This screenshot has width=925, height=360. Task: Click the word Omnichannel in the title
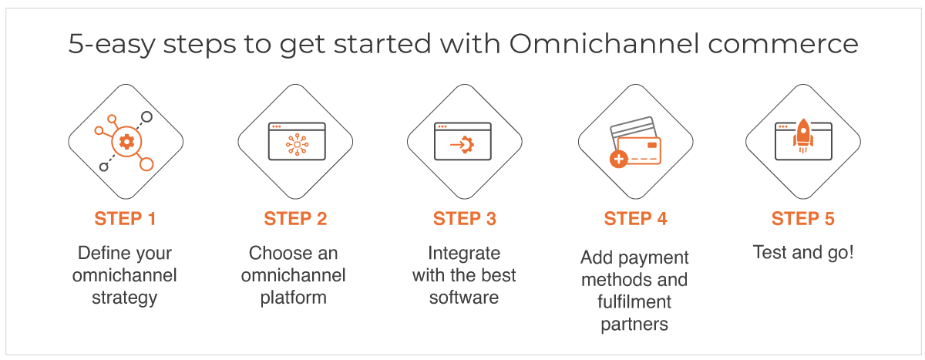pos(604,43)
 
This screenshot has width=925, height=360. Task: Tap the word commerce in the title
pos(783,45)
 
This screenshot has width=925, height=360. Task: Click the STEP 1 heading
pos(125,218)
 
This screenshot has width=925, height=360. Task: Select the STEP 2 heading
pos(295,218)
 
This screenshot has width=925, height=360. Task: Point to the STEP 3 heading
pos(465,218)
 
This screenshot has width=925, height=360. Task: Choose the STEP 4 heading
pos(635,218)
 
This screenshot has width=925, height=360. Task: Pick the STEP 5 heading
pos(803,218)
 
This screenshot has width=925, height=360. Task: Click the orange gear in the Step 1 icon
pos(126,142)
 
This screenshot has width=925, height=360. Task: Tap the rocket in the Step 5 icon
pos(802,136)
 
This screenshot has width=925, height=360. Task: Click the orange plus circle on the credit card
pos(618,159)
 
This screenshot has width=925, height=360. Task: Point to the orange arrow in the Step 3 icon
pos(458,144)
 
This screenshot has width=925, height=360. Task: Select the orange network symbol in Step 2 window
pos(297,144)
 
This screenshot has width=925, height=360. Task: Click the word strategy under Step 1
pos(125,298)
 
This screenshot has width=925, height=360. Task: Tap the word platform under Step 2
pos(293,298)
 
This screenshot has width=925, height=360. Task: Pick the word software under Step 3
pos(464,298)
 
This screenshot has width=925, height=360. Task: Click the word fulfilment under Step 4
pos(634,301)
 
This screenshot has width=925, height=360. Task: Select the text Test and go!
pos(803,252)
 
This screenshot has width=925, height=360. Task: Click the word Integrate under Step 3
pos(464,254)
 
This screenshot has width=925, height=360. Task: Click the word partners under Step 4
pos(634,325)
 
